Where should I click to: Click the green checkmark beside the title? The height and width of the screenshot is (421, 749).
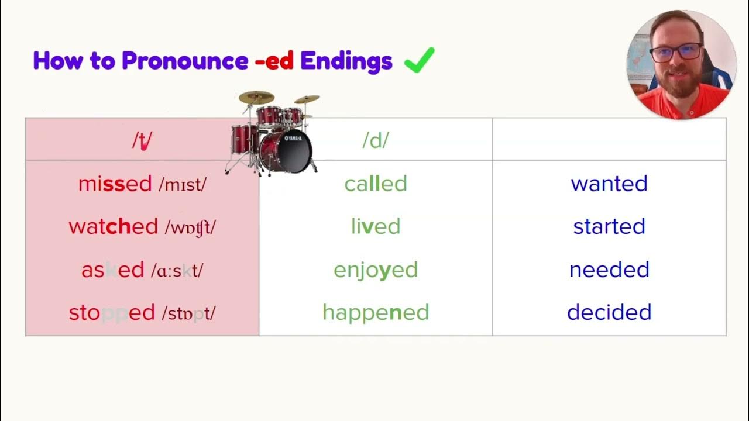coord(419,60)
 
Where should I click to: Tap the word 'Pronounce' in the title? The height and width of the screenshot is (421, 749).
coord(184,61)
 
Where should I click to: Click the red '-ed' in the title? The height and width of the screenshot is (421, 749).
coord(274,61)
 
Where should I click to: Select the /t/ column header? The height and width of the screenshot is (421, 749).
coord(142,140)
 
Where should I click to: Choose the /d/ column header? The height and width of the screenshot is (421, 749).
coord(375,140)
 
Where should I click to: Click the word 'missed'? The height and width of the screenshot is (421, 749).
coord(115,184)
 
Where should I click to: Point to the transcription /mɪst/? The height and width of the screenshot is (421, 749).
coord(183,185)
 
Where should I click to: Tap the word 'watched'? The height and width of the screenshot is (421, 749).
coord(113,227)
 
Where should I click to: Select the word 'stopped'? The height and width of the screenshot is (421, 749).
coord(112,313)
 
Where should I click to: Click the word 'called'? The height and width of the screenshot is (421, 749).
coord(375,184)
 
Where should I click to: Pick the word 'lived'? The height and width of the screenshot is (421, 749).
coord(375,227)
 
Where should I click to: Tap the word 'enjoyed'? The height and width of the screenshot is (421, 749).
coord(375,270)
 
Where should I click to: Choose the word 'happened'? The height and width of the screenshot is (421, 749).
coord(375,313)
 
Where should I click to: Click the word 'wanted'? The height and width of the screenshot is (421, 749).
coord(609,184)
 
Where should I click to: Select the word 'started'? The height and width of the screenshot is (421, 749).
coord(609,227)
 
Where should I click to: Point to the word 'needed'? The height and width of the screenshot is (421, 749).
coord(609,270)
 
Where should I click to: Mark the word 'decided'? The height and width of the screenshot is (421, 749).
coord(609,313)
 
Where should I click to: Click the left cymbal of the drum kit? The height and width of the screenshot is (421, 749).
coord(256,97)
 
